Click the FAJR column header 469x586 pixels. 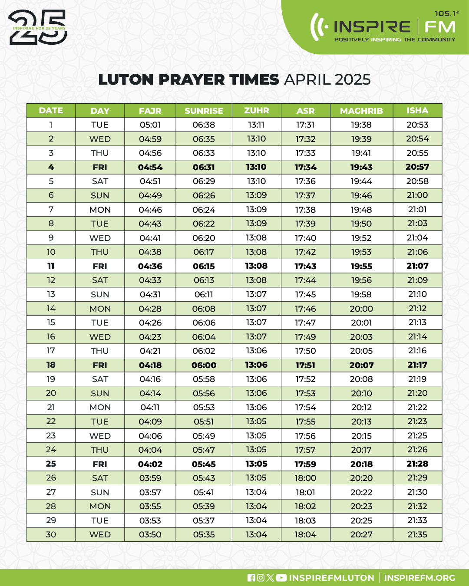tap(150, 111)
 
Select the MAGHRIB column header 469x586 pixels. tap(361, 111)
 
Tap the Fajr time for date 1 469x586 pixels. tap(150, 125)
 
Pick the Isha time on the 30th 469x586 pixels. tap(417, 534)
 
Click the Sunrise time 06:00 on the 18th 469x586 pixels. tap(204, 365)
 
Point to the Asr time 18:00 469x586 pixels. tap(305, 478)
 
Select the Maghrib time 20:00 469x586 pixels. tap(361, 309)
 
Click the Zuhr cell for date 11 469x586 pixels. tap(256, 266)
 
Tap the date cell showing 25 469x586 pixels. tap(51, 464)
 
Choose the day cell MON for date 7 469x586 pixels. tap(100, 210)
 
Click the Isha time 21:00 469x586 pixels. tap(417, 195)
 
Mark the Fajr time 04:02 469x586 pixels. tap(150, 464)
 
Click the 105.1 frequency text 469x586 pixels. tap(446, 14)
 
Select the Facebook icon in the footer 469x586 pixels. tap(251, 578)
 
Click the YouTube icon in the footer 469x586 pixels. tap(281, 578)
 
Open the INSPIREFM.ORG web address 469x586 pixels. tap(419, 578)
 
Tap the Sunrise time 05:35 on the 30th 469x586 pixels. tap(204, 534)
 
